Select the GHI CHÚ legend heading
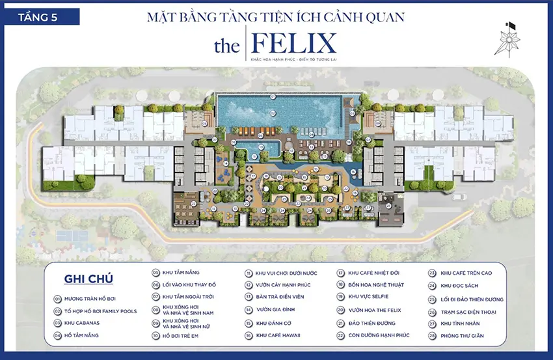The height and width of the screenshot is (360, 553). [88, 279]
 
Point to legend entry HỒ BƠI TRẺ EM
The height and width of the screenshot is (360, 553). [184, 335]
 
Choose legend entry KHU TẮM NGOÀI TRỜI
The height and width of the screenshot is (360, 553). [187, 297]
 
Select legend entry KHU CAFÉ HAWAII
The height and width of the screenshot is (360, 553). [278, 335]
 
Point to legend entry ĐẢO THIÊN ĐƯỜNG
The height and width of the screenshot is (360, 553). [373, 323]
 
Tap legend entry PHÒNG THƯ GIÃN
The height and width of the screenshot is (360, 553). [466, 335]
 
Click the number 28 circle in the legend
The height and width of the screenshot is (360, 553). [432, 335]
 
